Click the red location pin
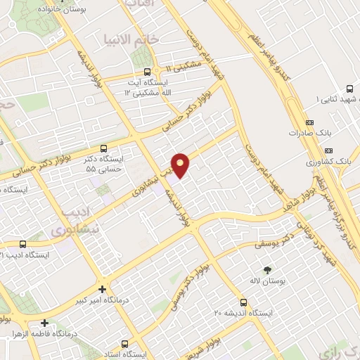click(x=181, y=165)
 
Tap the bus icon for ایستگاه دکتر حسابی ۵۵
click(x=103, y=148)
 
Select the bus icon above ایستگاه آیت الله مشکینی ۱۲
click(x=146, y=71)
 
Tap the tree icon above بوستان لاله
click(x=266, y=269)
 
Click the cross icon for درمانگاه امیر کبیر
click(x=103, y=289)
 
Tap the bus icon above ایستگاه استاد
click(x=124, y=344)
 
